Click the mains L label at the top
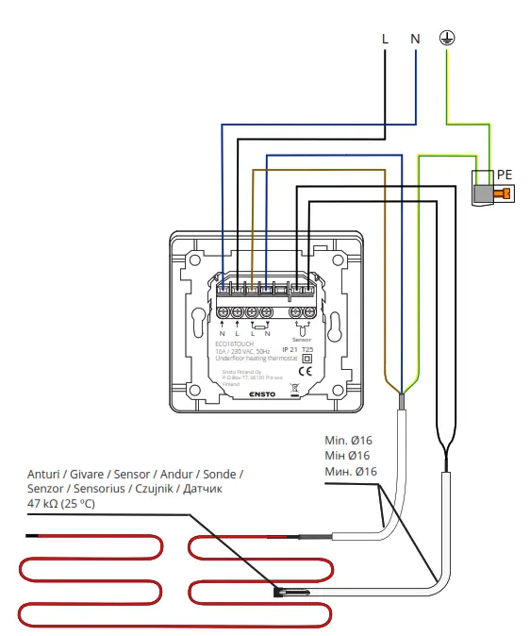click(385, 39)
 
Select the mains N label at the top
click(415, 39)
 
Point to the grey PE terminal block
click(483, 193)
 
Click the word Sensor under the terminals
click(302, 338)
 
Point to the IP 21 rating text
click(276, 349)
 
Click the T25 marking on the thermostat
click(306, 349)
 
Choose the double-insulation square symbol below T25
click(306, 359)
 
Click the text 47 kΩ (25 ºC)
click(62, 504)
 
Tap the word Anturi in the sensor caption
click(44, 474)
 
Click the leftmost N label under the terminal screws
click(223, 334)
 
